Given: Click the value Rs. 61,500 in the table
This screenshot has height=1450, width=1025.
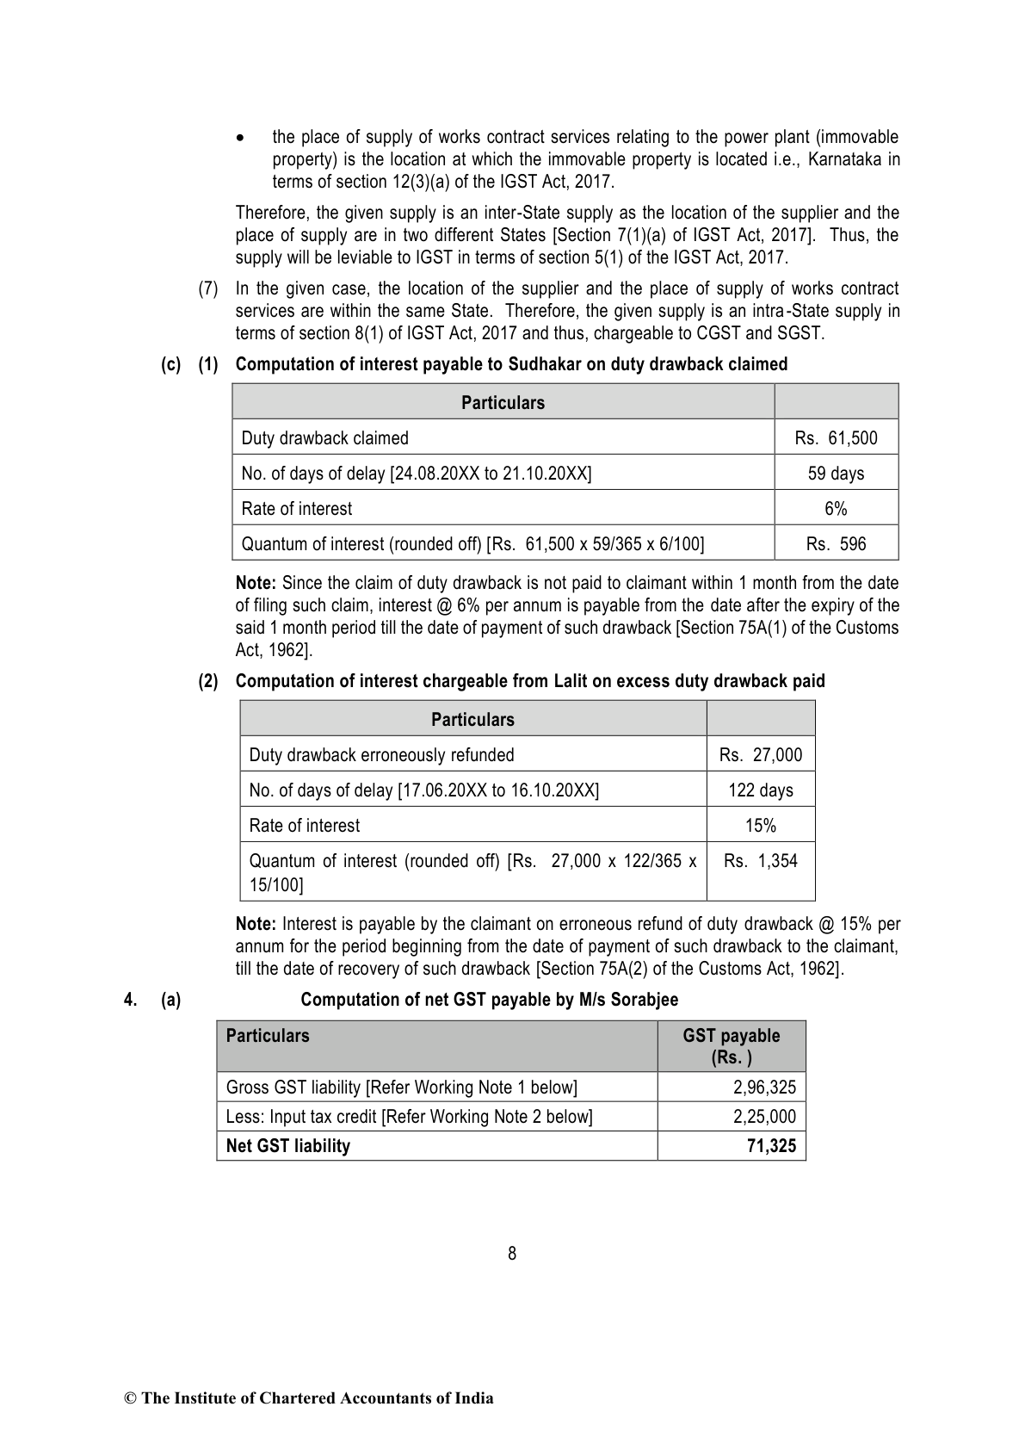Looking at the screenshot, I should (x=836, y=438).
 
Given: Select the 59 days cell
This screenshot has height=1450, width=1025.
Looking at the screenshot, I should (x=836, y=474).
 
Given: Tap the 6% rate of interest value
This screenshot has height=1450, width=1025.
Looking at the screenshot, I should (x=836, y=509).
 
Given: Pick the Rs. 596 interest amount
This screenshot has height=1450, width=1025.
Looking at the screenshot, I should (x=836, y=544).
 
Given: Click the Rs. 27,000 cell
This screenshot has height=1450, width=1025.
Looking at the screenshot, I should (x=761, y=755).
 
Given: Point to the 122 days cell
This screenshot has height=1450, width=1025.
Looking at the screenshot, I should (x=761, y=790).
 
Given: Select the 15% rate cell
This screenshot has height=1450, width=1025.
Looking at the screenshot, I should (x=761, y=826).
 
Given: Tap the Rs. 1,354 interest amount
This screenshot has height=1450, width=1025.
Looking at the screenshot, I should (x=761, y=861).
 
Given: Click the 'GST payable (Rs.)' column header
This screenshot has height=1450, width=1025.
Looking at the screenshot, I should (x=732, y=1046).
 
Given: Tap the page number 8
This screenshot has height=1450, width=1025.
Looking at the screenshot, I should (x=512, y=1254).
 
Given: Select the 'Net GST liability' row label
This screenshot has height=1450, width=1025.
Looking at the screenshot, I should (x=287, y=1146).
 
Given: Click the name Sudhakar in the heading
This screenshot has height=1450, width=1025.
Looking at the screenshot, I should (x=545, y=364).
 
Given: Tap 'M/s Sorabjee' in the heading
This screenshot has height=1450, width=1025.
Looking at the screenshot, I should (x=632, y=1000).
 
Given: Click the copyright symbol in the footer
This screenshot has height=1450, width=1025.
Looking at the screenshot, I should (x=131, y=1398).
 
